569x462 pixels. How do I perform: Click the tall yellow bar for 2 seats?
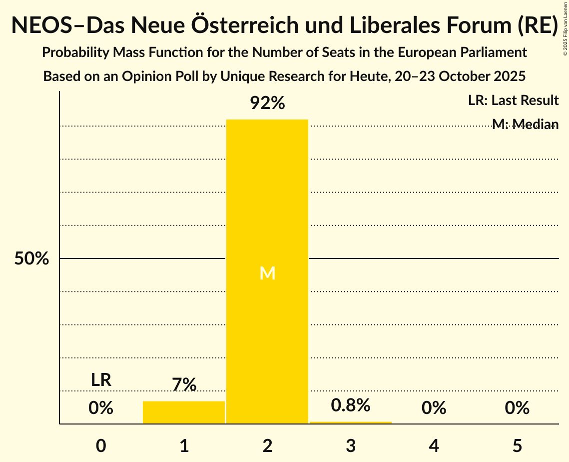(x=267, y=200)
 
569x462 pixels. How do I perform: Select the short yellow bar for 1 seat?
(x=184, y=412)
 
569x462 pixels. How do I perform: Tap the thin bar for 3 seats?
(x=351, y=422)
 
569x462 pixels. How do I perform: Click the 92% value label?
(x=267, y=103)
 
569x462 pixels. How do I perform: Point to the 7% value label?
(x=184, y=385)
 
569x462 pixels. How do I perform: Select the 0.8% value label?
(x=351, y=405)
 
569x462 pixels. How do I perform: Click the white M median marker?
(x=267, y=273)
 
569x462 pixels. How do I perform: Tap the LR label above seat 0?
(x=101, y=380)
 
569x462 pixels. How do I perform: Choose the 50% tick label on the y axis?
(x=31, y=259)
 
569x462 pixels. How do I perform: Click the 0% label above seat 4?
(x=434, y=408)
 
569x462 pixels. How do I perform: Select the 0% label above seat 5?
(x=517, y=408)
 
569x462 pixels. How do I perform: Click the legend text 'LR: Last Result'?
(x=513, y=100)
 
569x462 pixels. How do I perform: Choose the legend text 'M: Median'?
(x=525, y=124)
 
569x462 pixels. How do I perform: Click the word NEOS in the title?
(x=42, y=25)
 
